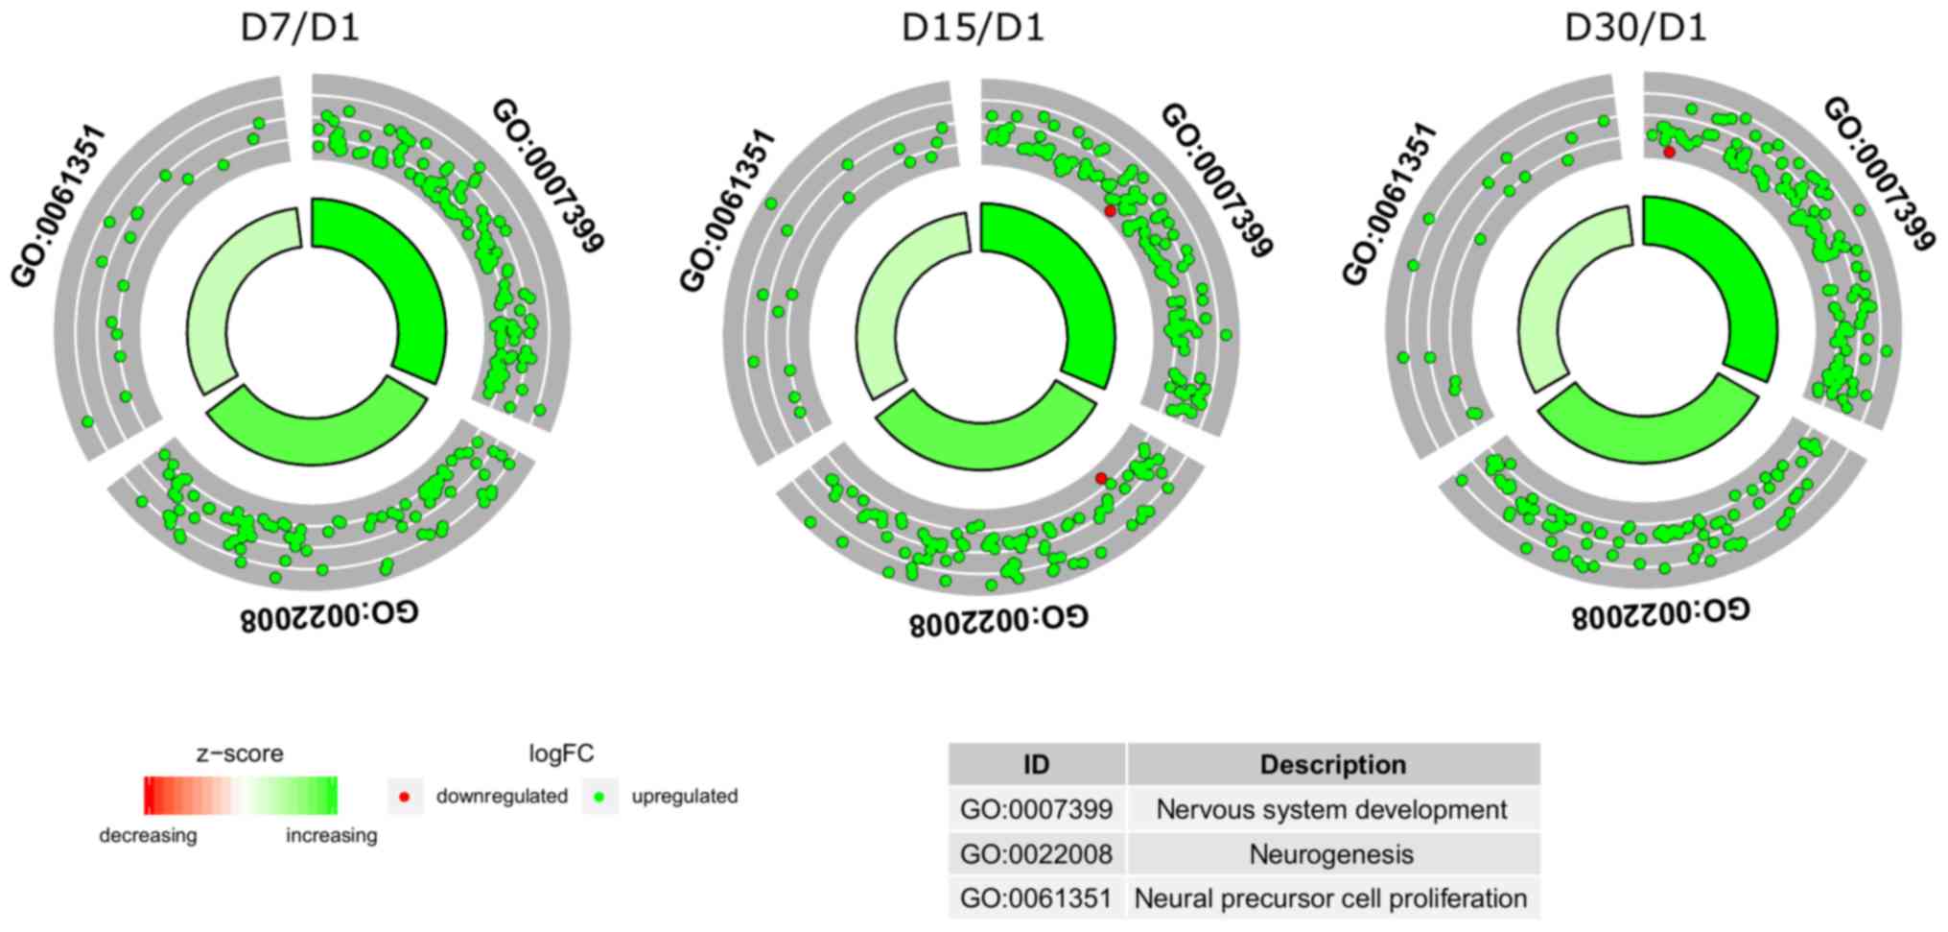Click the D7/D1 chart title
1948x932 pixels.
[x=299, y=28]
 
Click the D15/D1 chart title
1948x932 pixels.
[x=972, y=28]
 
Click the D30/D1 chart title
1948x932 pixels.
[x=1635, y=28]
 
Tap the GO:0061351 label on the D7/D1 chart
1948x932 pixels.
[x=57, y=205]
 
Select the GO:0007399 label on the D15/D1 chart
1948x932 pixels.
[x=1217, y=180]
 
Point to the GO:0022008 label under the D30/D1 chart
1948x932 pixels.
[x=1659, y=612]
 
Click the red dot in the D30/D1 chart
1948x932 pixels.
[x=1669, y=152]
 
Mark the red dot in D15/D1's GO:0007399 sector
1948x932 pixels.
[x=1110, y=210]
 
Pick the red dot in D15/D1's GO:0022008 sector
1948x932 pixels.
[x=1101, y=478]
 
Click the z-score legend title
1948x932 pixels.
[x=240, y=753]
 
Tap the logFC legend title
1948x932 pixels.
[x=561, y=753]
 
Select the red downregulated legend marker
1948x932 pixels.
[x=405, y=797]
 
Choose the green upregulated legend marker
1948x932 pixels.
[x=599, y=797]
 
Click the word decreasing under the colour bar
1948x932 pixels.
[x=148, y=835]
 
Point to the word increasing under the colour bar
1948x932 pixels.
[x=331, y=835]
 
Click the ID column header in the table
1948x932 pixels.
[x=1036, y=765]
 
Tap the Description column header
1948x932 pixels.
[x=1332, y=765]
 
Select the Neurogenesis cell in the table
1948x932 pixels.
[x=1331, y=854]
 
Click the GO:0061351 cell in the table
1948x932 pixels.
[x=1036, y=899]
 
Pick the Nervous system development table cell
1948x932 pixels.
[x=1331, y=810]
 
